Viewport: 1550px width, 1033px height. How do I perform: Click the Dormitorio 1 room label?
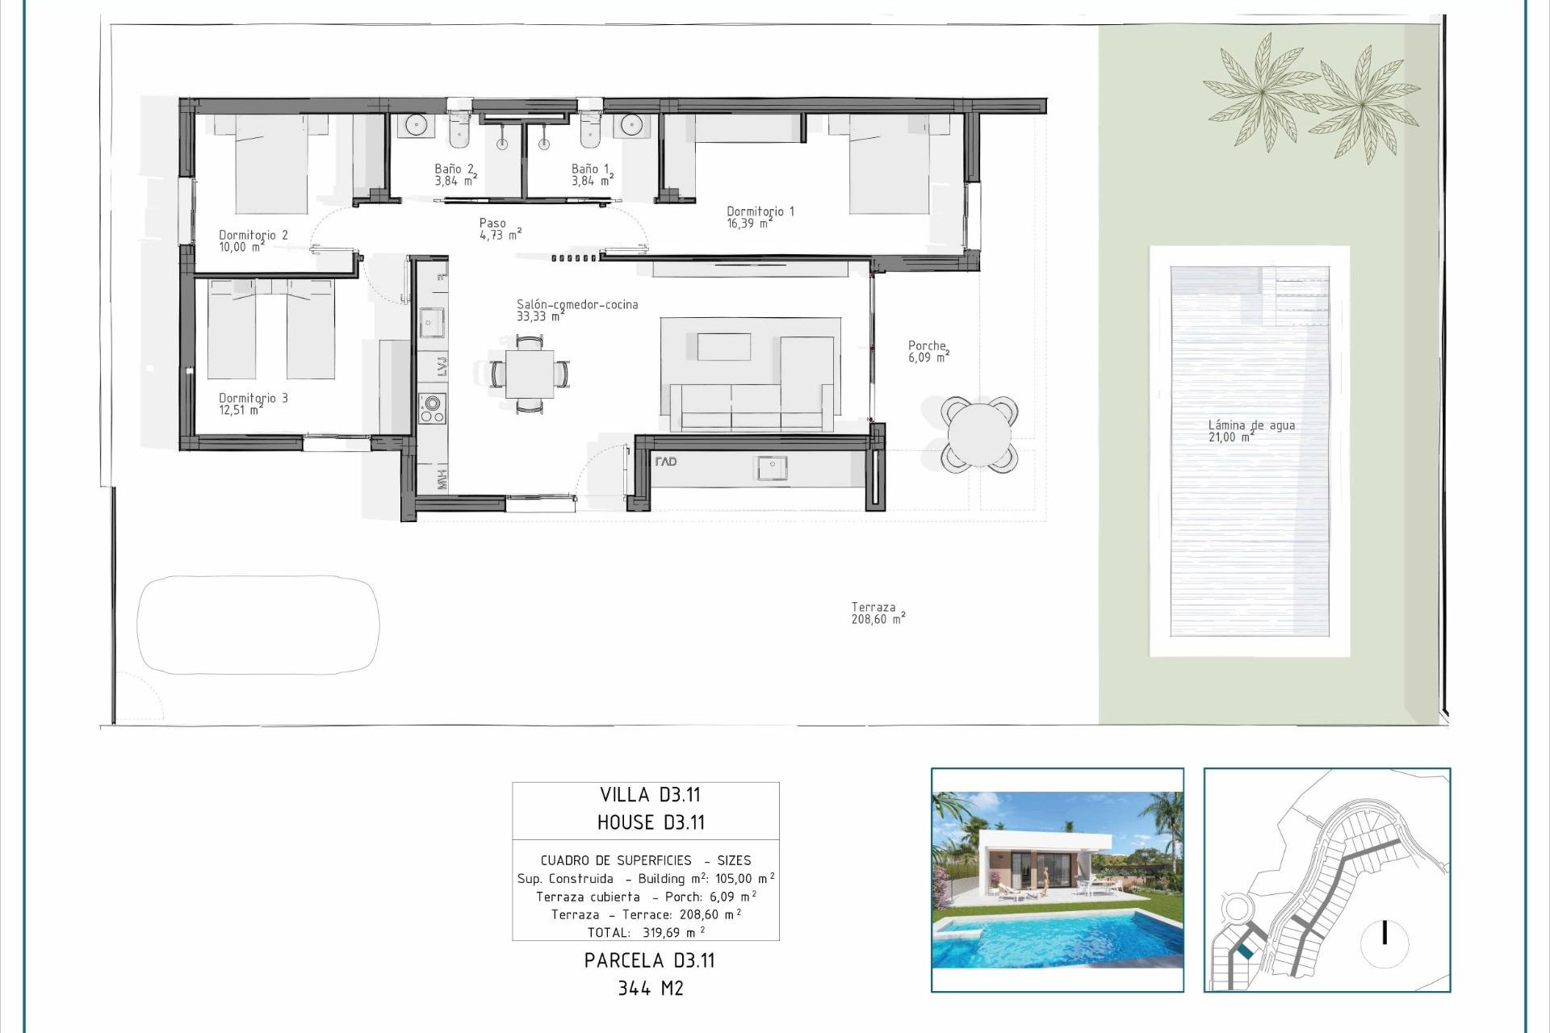click(760, 217)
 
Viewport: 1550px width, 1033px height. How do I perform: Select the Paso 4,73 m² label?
click(499, 229)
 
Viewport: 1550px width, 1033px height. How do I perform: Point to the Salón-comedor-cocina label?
click(576, 310)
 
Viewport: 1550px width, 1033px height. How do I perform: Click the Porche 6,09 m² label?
click(928, 351)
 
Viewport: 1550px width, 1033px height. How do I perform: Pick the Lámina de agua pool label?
click(1250, 431)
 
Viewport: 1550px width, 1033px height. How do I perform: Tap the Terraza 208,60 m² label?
click(877, 613)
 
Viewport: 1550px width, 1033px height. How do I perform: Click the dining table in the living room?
click(530, 374)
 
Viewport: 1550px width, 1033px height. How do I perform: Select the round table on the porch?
click(978, 434)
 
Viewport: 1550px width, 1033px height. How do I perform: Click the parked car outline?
click(258, 624)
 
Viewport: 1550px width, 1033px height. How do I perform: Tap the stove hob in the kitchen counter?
click(432, 408)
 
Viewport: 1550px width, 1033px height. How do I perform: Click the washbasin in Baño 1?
click(631, 125)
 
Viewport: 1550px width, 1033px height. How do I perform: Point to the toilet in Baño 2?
click(459, 131)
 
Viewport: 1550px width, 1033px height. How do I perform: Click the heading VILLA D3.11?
click(649, 795)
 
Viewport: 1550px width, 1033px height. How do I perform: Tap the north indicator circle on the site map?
click(1385, 942)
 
